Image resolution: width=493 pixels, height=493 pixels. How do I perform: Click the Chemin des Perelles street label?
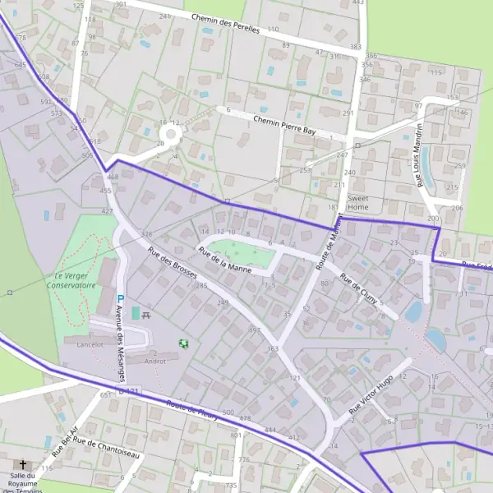[x=225, y=23]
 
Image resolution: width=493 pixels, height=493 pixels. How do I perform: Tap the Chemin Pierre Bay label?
[x=285, y=125]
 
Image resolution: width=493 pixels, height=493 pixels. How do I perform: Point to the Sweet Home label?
[x=358, y=202]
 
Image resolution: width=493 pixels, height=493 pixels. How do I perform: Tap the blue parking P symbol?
[x=121, y=299]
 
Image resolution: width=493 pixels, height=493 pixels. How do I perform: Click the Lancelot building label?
[x=88, y=345]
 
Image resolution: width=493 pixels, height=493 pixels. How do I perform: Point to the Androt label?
[x=155, y=360]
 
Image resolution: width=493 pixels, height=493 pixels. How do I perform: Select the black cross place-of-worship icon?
[x=22, y=464]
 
